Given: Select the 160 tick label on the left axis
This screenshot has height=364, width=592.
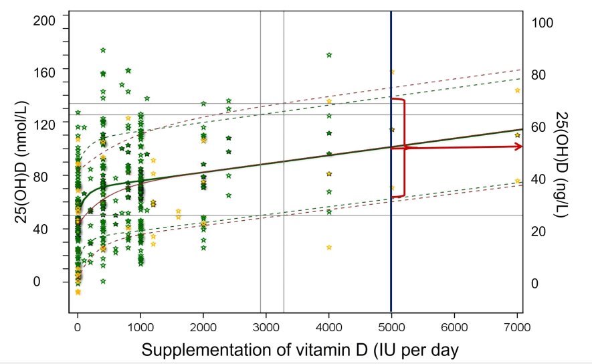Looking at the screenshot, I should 45,68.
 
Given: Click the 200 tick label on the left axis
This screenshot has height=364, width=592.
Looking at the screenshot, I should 45,21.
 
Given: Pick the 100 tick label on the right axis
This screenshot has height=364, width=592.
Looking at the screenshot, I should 542,23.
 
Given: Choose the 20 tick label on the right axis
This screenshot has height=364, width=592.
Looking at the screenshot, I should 540,232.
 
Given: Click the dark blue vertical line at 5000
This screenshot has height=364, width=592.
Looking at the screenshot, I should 391,201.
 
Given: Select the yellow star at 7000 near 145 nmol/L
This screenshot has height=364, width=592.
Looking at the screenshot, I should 517,90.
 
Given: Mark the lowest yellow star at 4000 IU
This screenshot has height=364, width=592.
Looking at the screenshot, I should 328,247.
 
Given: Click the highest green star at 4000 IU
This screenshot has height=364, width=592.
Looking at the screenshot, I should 328,55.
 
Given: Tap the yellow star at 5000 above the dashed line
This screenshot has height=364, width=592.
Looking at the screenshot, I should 392,72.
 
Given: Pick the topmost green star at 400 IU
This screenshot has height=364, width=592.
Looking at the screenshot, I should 103,50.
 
